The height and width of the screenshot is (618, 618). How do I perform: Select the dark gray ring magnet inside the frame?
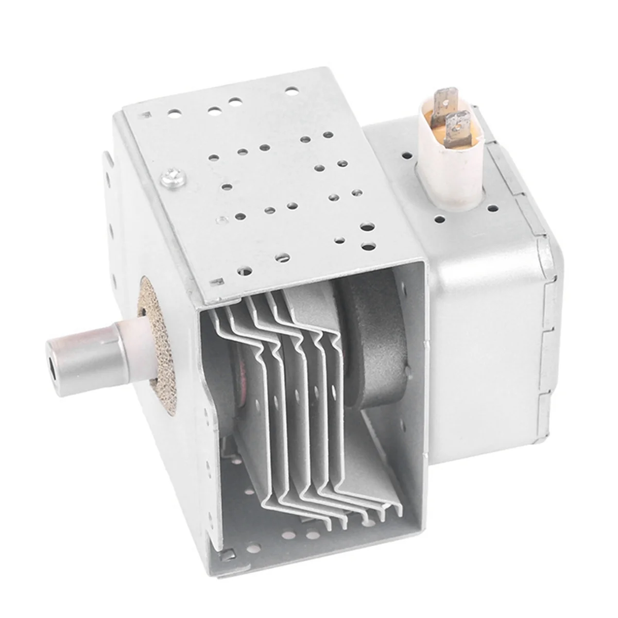point(360,330)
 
